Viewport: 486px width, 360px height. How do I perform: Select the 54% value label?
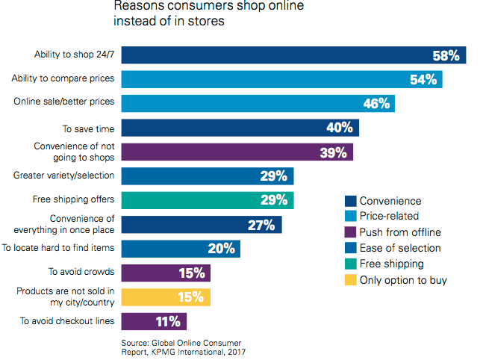422,79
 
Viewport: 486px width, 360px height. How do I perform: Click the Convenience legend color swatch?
349,201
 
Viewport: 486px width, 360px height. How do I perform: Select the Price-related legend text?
395,217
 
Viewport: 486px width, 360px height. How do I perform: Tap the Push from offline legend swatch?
349,232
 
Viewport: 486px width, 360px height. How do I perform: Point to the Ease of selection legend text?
400,248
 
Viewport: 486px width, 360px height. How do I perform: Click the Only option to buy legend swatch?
349,279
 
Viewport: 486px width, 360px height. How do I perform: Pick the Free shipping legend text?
391,264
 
